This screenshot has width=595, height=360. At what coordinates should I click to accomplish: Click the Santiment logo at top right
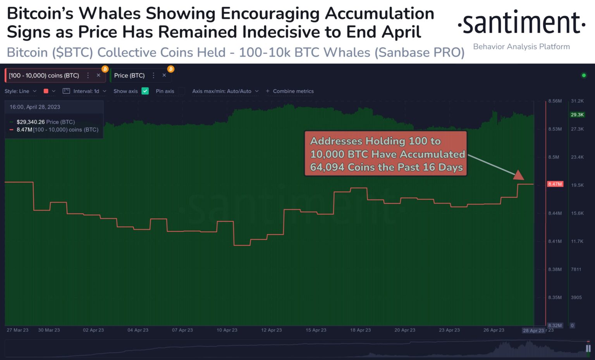[521, 23]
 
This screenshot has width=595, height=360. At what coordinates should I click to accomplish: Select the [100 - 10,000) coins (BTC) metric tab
[44, 76]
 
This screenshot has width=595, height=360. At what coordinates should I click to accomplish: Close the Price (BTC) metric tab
[164, 75]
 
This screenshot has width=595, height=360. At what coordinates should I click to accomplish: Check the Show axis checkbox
[145, 91]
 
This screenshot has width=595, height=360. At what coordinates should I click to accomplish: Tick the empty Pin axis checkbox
[181, 91]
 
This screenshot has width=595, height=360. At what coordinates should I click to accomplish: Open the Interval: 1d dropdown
[84, 91]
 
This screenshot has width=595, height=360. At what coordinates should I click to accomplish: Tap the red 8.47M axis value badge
[555, 184]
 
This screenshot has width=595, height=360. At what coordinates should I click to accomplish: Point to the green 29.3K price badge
[577, 115]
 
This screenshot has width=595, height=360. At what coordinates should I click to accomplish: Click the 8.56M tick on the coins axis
[555, 101]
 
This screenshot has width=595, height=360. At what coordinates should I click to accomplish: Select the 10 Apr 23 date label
[227, 330]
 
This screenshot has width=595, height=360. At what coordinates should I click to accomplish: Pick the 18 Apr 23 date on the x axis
[360, 330]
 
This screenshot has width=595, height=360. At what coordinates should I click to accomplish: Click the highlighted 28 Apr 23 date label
[533, 331]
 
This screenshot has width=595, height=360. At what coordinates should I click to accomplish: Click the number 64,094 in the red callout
[327, 167]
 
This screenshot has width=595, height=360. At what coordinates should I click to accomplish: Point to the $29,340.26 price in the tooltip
[31, 122]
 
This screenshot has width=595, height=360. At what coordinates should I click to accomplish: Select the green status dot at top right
[584, 75]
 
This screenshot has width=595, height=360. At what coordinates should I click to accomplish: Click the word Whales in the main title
[110, 14]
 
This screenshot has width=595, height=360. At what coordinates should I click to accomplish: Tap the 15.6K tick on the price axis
[577, 213]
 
